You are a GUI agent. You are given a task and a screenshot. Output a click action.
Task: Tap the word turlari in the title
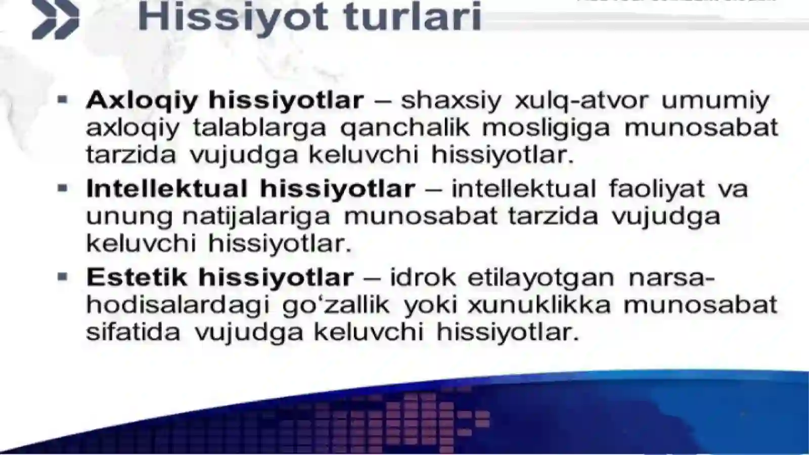click(412, 17)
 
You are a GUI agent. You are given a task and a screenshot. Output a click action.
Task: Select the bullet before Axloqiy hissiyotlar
click(63, 100)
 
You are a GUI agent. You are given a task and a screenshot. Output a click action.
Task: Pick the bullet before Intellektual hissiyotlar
click(63, 189)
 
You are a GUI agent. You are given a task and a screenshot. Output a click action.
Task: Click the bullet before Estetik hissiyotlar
click(63, 277)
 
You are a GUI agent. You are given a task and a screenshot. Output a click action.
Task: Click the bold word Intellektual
click(166, 189)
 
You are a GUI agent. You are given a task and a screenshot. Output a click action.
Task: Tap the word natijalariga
click(256, 217)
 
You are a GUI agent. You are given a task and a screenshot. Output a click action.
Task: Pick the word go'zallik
click(336, 305)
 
